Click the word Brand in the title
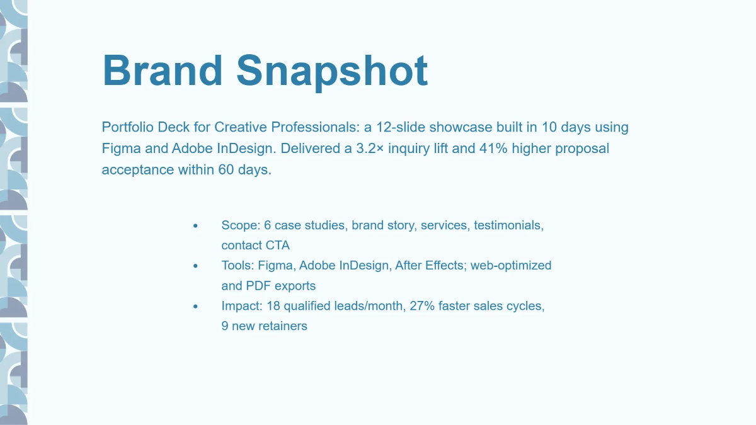(x=163, y=70)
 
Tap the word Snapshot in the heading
(x=332, y=70)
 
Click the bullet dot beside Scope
(x=196, y=225)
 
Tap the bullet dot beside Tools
(x=196, y=266)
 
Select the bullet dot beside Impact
(x=196, y=306)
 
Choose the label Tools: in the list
(x=238, y=266)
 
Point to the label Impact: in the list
(x=241, y=306)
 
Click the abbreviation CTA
(x=278, y=246)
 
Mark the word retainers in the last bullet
(x=282, y=326)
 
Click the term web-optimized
(x=511, y=266)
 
